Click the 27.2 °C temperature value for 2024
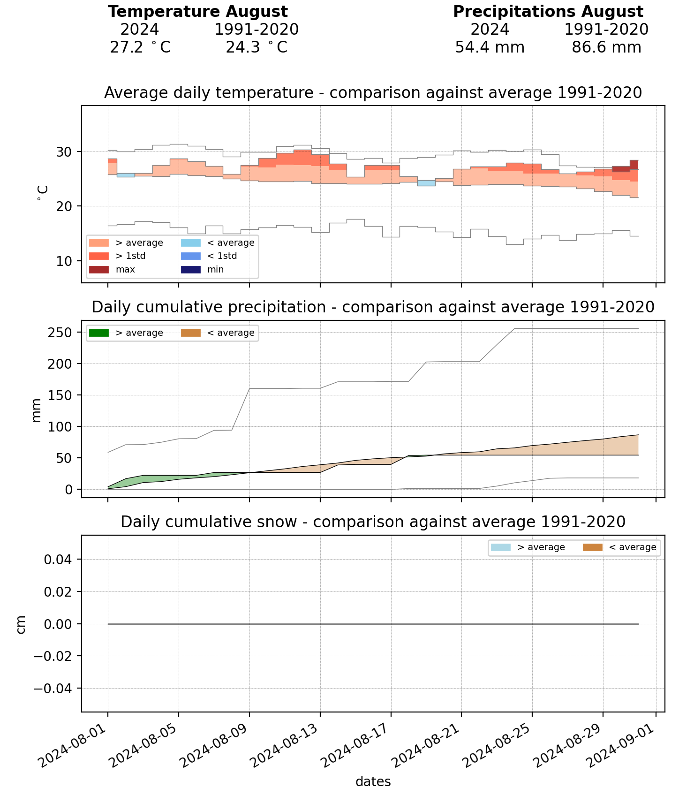click(x=140, y=47)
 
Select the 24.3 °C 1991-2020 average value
click(x=256, y=47)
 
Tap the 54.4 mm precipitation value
click(x=490, y=47)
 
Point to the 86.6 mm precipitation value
click(x=606, y=47)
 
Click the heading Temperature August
click(x=197, y=12)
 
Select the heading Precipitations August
click(x=548, y=12)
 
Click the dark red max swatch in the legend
click(x=98, y=270)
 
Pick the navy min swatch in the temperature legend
click(x=190, y=270)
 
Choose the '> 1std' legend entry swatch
click(x=98, y=256)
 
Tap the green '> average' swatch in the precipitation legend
click(x=98, y=333)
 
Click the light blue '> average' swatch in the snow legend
click(x=500, y=547)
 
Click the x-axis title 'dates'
click(x=373, y=781)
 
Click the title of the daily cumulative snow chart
click(x=373, y=522)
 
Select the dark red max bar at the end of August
click(x=634, y=165)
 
